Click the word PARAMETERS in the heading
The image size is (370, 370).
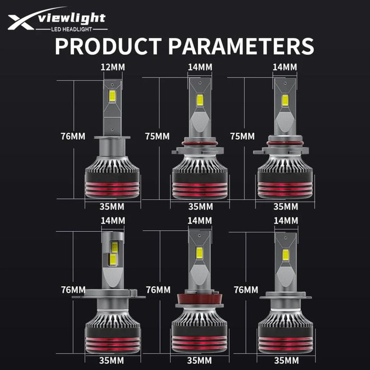tap(241, 46)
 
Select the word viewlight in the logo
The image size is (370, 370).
tap(72, 19)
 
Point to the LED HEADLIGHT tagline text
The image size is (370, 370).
tap(71, 29)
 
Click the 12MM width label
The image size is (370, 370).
tap(113, 67)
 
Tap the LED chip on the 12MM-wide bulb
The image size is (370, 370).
tap(112, 96)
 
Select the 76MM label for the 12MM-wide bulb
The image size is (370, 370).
tap(73, 137)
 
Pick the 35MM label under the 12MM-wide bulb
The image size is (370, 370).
tap(112, 207)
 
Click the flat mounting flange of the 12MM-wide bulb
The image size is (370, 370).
tap(112, 138)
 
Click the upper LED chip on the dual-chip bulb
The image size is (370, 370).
tap(115, 247)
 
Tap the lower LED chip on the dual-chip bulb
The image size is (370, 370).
tap(113, 259)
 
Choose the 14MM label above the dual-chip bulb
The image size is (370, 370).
tap(113, 221)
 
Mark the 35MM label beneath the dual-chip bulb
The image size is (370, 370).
tap(111, 360)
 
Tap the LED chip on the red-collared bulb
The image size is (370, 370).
tap(200, 253)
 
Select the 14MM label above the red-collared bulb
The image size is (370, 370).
tap(200, 221)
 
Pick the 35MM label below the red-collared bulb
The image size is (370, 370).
tap(200, 360)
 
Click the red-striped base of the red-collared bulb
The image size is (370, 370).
tap(200, 344)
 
